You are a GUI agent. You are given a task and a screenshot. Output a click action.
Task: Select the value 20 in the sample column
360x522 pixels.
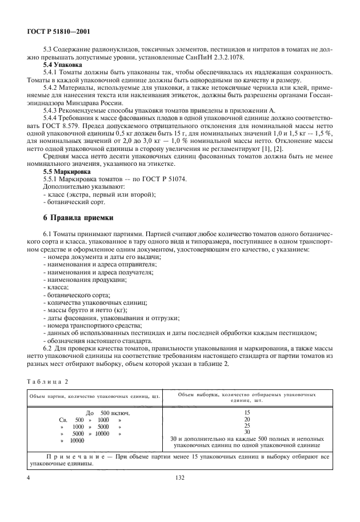pyautogui.click(x=247, y=419)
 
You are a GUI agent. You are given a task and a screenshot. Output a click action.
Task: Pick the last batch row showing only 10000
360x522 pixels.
pyautogui.click(x=73, y=441)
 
